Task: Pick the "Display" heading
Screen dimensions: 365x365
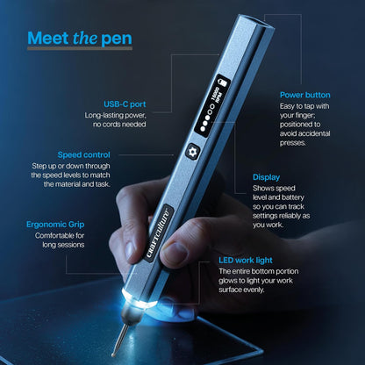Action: [267, 176]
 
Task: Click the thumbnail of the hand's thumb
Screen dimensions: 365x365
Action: [175, 255]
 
